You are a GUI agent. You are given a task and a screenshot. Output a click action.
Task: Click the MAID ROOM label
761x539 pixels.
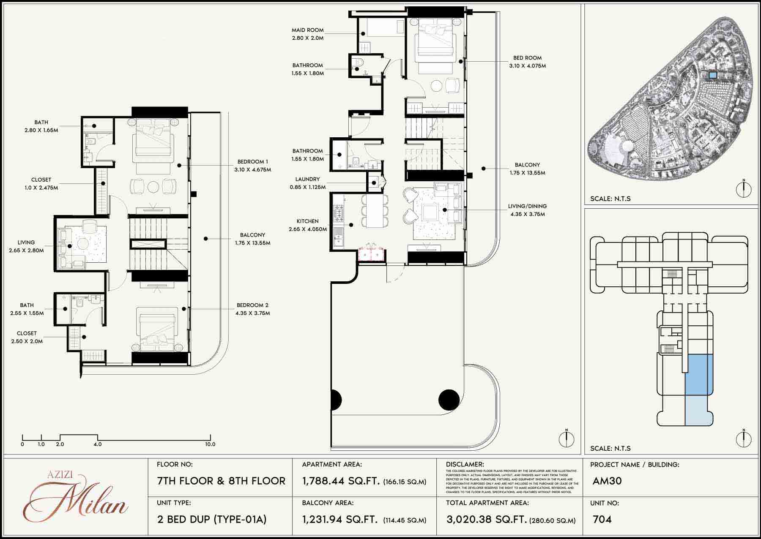coord(307,30)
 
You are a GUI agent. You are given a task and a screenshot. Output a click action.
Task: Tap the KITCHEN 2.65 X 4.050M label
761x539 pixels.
coord(307,225)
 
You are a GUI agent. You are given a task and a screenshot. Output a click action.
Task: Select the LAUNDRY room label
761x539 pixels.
coord(307,179)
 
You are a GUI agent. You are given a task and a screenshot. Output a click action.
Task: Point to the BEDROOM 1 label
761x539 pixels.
coord(252,162)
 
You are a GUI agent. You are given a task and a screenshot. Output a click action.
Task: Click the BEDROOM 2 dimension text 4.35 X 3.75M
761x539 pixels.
coord(252,313)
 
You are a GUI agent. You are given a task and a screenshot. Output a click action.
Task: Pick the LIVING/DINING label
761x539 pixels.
coord(527,206)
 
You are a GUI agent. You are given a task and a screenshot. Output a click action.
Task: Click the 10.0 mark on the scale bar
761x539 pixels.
coord(210,444)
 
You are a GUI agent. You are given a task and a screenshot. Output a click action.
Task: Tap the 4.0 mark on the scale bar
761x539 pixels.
coord(98,444)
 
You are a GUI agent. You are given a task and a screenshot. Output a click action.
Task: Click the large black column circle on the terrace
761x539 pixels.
coord(449,400)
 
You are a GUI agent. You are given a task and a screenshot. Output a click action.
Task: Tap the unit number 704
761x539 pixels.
coord(602,519)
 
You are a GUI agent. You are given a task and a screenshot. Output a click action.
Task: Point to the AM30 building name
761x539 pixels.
coord(607,481)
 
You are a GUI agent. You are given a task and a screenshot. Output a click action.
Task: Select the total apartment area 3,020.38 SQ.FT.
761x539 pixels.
coord(486,519)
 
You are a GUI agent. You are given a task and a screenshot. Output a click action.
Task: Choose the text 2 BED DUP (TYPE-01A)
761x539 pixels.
coord(212,519)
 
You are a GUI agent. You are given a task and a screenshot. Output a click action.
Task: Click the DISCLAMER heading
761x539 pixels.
coord(465,464)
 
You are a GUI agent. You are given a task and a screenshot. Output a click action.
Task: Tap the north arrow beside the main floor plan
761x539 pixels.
coord(566,438)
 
